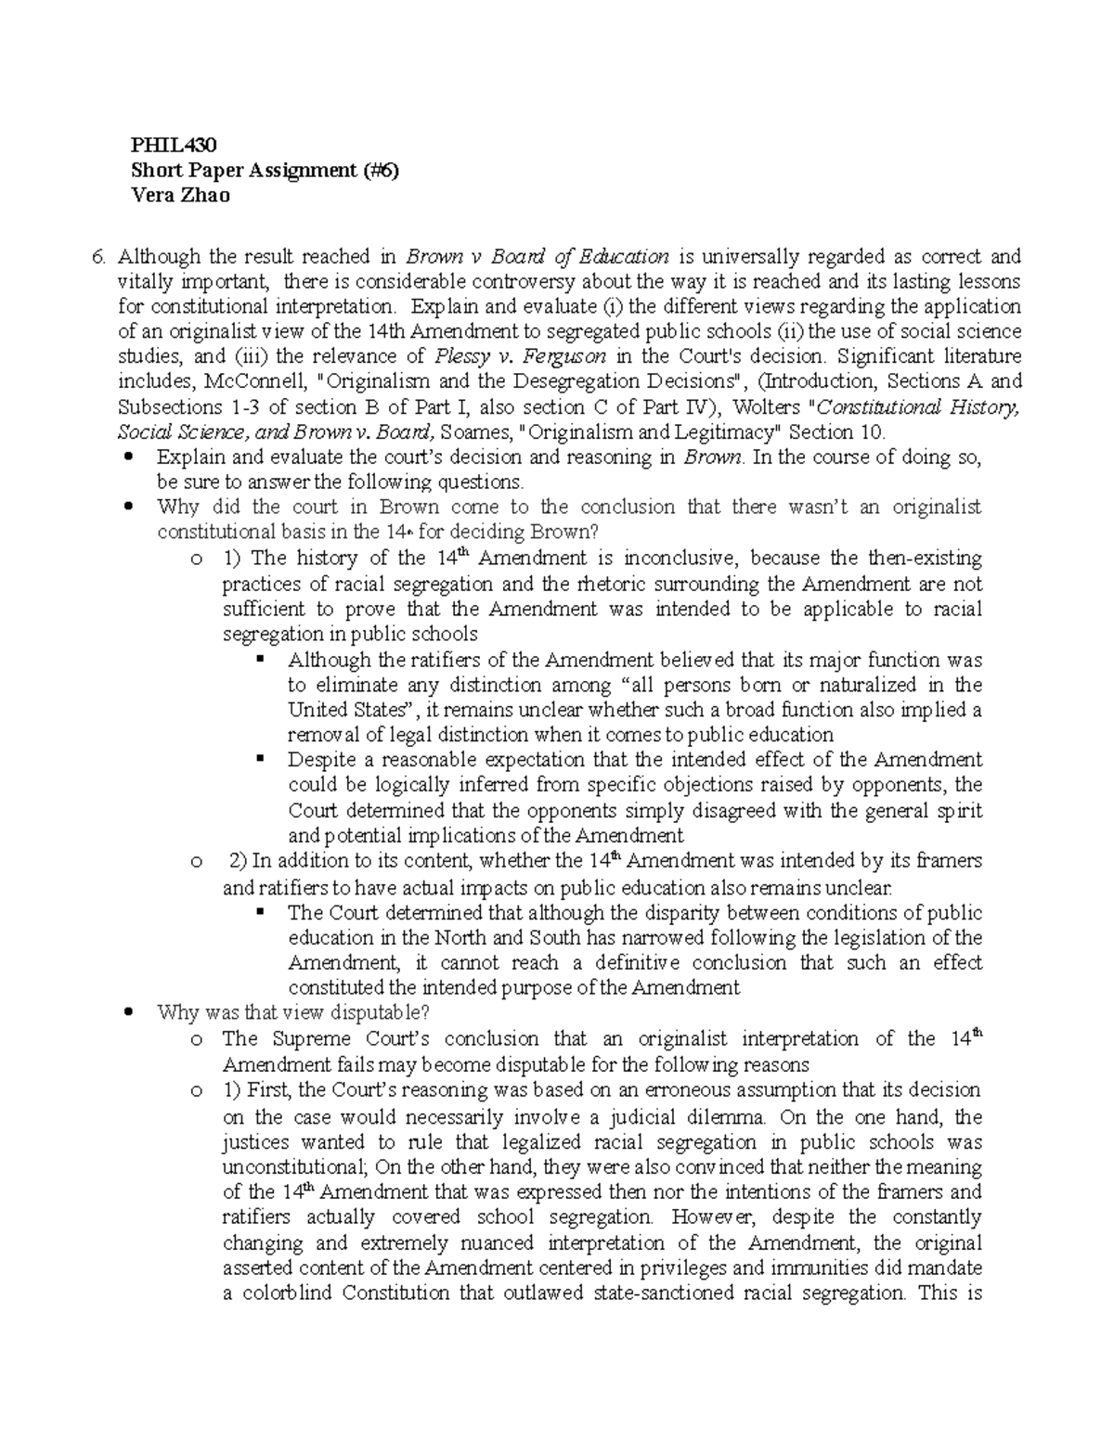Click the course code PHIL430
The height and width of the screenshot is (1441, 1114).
click(174, 145)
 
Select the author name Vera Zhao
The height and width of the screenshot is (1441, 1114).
click(180, 196)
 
